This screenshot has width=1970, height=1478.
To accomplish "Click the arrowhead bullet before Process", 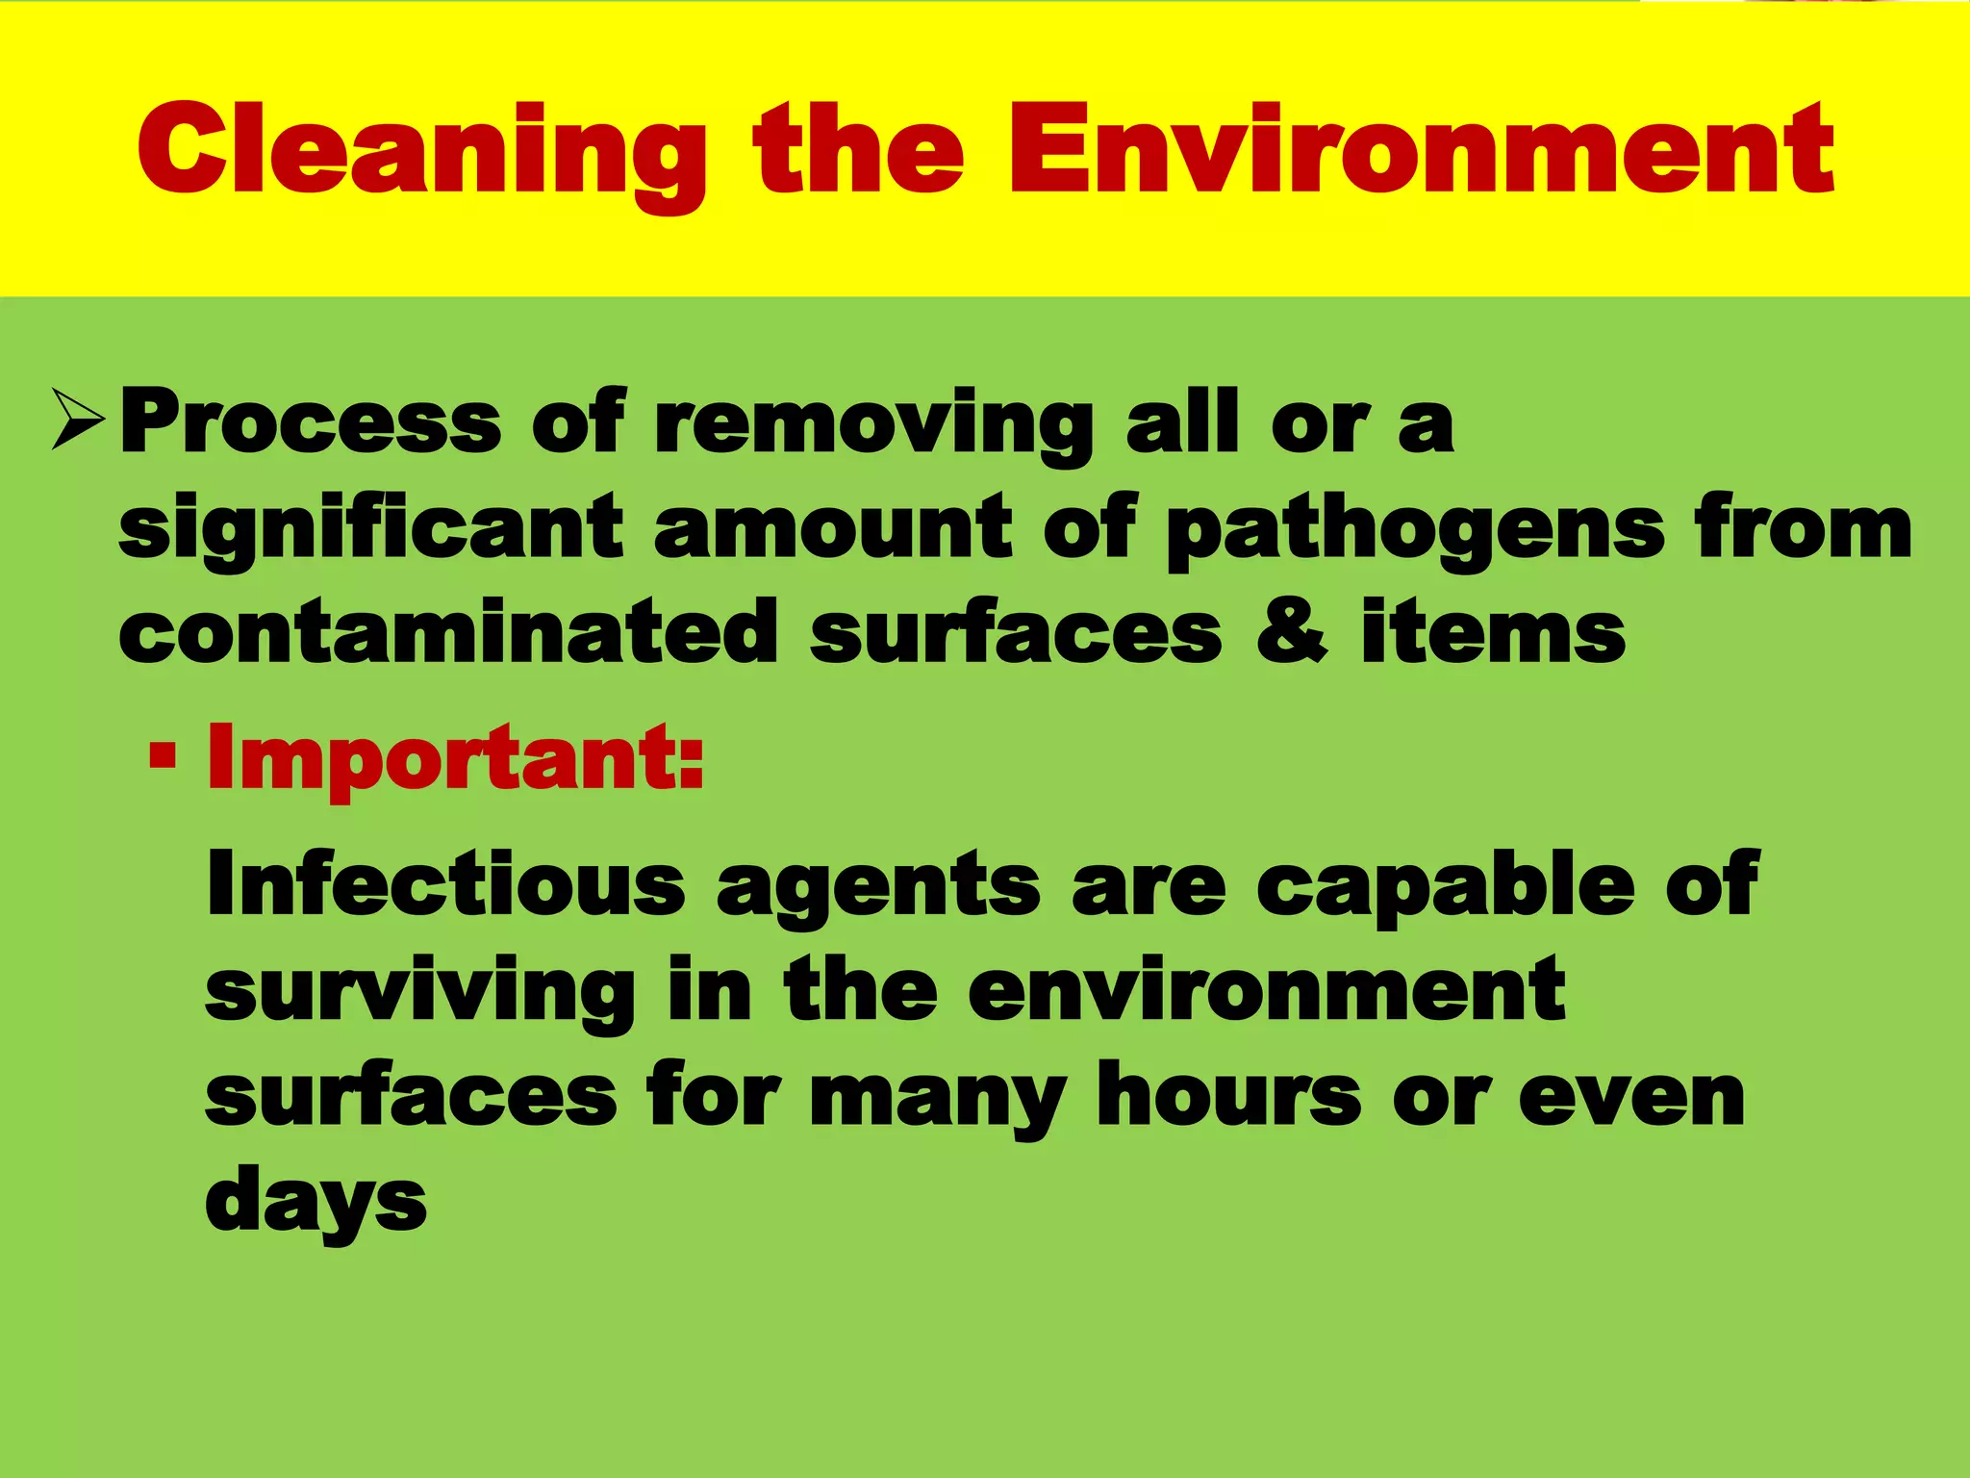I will click(78, 420).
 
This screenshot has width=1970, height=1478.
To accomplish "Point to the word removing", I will click(873, 423).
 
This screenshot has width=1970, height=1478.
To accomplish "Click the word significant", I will click(371, 527).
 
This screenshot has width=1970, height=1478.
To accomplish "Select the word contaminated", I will click(448, 631).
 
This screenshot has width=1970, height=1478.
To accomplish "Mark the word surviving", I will click(420, 991).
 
